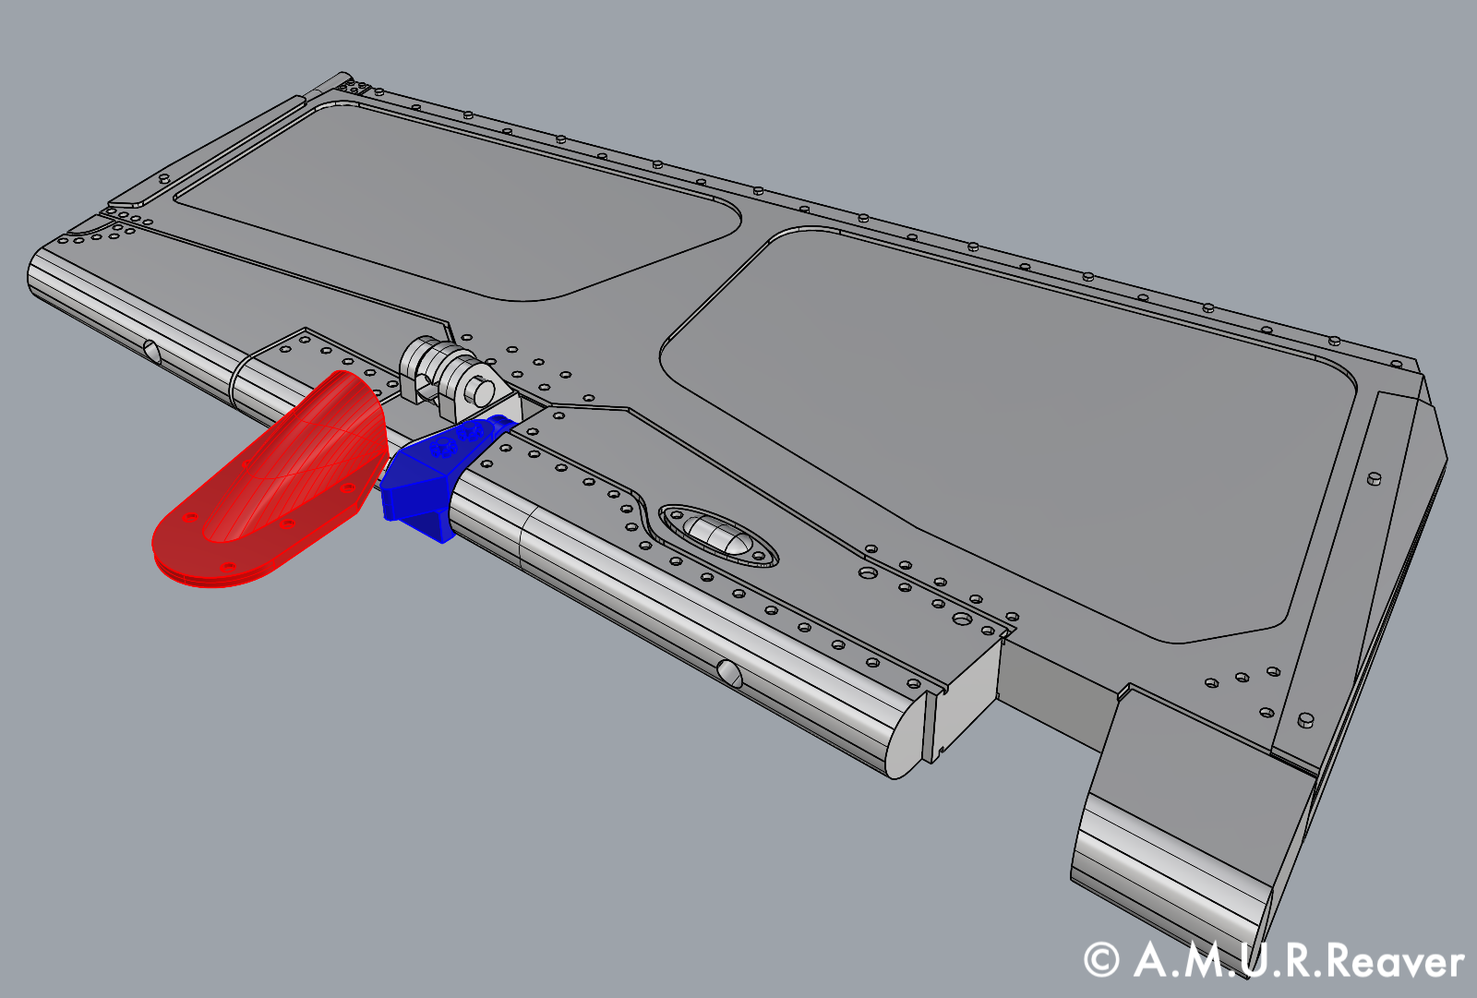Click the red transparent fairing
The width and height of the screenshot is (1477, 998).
coord(277,480)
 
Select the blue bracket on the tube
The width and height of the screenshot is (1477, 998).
coord(420,485)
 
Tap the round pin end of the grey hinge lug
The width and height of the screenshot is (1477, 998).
coord(479,393)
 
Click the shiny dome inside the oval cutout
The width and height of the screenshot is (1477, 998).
coord(718,536)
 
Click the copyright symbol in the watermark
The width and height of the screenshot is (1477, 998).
coord(1100,960)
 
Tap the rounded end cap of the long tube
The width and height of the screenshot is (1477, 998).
coord(906,739)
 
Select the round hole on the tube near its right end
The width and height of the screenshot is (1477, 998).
coord(729,673)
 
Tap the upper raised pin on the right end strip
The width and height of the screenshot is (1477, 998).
coord(1374,479)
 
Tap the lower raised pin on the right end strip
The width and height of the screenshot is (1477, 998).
coord(1305,718)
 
